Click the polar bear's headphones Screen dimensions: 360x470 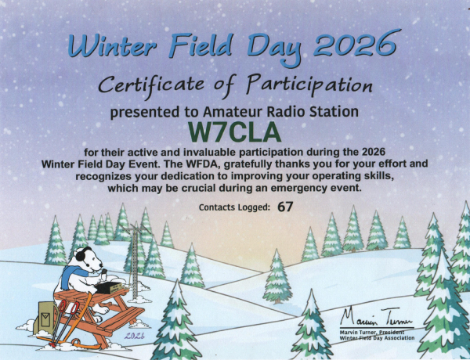pos(79,258)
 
